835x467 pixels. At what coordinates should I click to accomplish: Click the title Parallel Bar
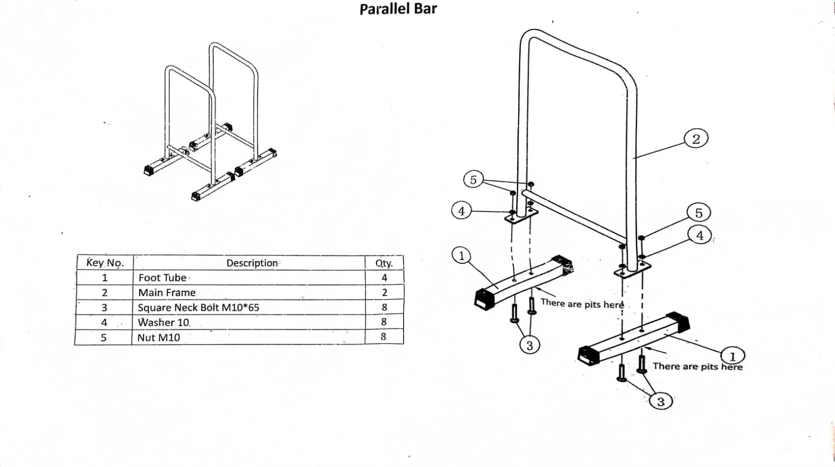tap(398, 9)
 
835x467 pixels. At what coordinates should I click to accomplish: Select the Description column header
tap(252, 263)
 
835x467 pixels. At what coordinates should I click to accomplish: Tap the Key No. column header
tap(105, 263)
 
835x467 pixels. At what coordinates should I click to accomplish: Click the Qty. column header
tap(384, 263)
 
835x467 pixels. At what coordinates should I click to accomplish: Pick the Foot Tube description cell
tap(162, 278)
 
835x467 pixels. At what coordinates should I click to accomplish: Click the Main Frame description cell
tap(167, 293)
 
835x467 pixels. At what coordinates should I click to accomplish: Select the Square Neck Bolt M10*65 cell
tap(198, 307)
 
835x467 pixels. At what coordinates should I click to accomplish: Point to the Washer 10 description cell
tap(164, 322)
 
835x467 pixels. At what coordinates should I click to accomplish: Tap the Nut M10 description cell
tap(159, 337)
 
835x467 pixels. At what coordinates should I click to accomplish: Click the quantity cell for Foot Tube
tap(384, 278)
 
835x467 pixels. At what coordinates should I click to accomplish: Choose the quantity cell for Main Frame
tap(384, 293)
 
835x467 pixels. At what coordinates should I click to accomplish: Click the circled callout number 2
tap(696, 139)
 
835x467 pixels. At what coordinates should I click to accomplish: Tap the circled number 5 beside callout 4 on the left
tap(473, 180)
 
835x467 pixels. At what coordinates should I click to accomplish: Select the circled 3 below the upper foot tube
tap(530, 345)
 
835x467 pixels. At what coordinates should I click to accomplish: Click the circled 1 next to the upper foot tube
tap(461, 255)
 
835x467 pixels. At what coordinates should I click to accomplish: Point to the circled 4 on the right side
tap(699, 235)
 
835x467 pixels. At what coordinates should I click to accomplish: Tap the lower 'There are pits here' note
tap(697, 367)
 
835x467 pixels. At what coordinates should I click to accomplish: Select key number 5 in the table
tap(103, 337)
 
